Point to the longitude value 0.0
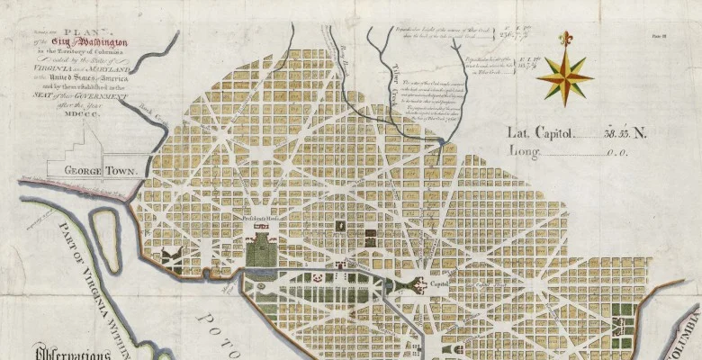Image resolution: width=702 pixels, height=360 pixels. click(x=616, y=153)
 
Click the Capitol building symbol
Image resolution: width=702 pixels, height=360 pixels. click(x=418, y=287)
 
